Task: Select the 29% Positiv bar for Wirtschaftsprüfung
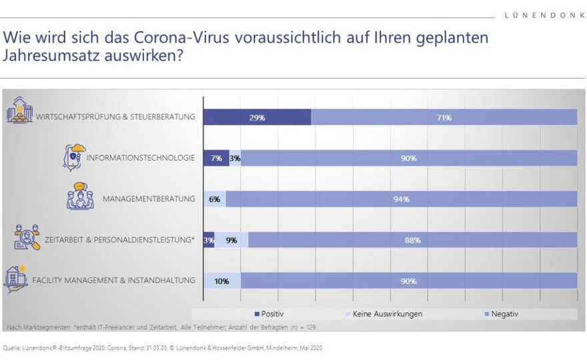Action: click(257, 117)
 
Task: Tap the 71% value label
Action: click(444, 117)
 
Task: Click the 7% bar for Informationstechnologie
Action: click(215, 158)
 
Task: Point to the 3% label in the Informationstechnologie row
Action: click(235, 158)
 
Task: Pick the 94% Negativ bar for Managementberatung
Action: click(401, 199)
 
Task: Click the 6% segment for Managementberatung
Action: click(214, 199)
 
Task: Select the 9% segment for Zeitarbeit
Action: click(231, 240)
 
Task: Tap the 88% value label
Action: click(412, 240)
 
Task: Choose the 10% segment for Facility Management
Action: click(222, 281)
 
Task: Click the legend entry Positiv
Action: click(269, 313)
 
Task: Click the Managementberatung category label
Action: click(149, 199)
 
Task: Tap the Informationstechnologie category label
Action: click(140, 158)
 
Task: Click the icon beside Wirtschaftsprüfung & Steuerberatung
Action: click(19, 110)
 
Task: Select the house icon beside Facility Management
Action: click(15, 279)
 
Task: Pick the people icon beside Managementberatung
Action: click(80, 197)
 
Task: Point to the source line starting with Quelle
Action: click(163, 347)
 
